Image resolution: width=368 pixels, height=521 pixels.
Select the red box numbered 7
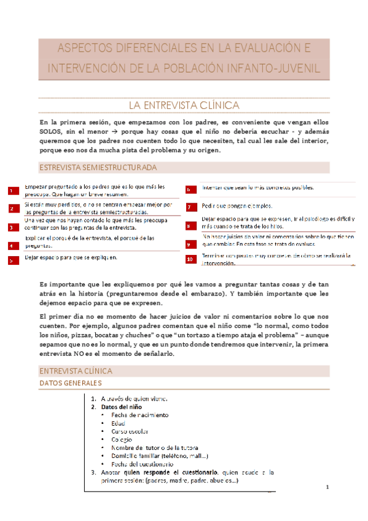190,207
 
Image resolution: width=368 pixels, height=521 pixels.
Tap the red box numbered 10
190,259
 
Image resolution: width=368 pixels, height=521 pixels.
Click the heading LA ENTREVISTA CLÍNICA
184,106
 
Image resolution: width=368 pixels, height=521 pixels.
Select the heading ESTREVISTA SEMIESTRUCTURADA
97,167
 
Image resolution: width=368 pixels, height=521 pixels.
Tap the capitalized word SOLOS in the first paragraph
50,131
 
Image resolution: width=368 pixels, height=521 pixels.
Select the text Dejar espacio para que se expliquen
71,257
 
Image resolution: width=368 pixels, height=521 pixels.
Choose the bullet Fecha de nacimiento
139,415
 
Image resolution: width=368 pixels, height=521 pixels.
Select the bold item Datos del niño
122,407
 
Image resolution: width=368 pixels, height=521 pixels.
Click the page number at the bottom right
328,488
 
